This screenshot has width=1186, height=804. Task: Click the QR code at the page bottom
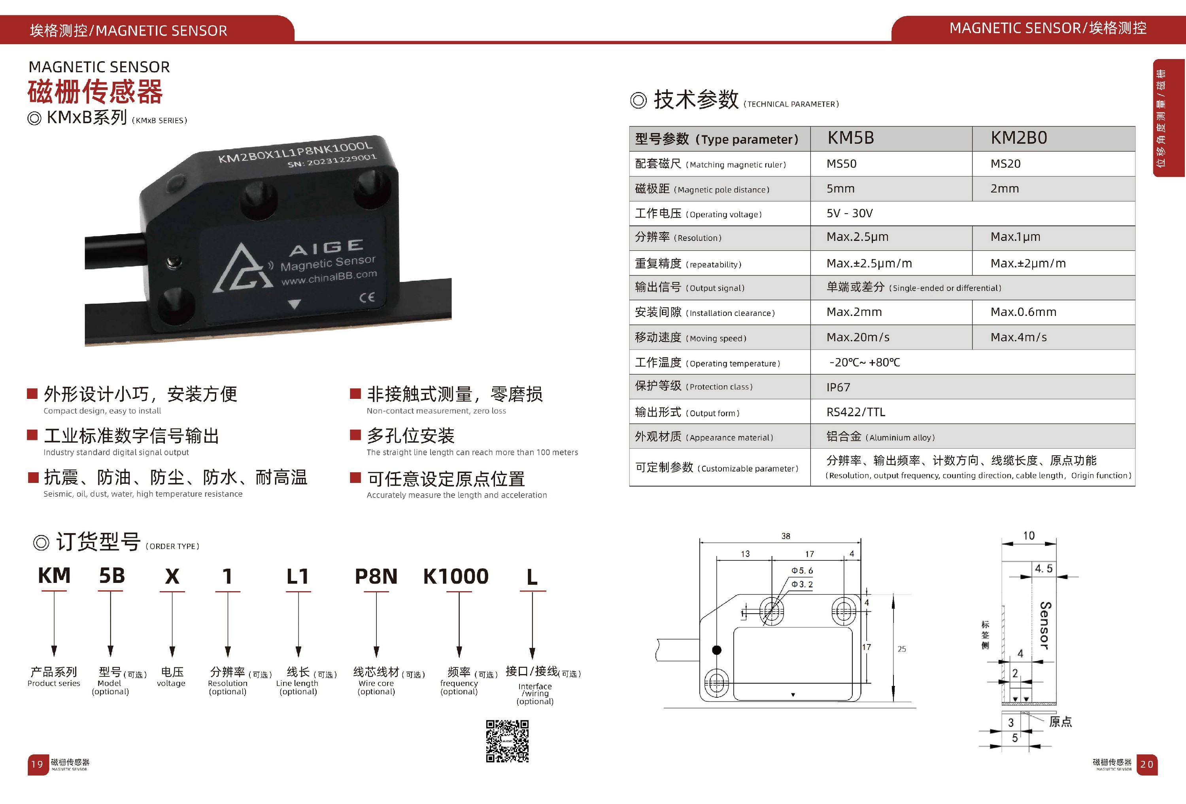tap(507, 741)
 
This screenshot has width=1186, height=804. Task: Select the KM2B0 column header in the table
tap(1019, 138)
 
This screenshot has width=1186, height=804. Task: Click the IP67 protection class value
tap(839, 387)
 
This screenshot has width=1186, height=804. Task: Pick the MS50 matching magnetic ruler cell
tap(842, 163)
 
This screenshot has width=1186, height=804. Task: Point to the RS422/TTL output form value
tap(856, 412)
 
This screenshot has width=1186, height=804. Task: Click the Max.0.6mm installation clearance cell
tap(1023, 312)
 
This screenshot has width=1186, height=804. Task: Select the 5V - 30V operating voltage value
tap(850, 213)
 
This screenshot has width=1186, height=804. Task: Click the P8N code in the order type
tap(376, 577)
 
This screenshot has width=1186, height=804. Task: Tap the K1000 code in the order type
tap(456, 577)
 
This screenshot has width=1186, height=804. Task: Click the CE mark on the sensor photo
tap(367, 297)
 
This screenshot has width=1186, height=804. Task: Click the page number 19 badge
tap(37, 764)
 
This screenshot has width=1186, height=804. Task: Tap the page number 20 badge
tap(1147, 764)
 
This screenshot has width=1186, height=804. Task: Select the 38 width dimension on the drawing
tap(786, 536)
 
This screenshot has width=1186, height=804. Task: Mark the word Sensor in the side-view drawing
tap(1044, 625)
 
